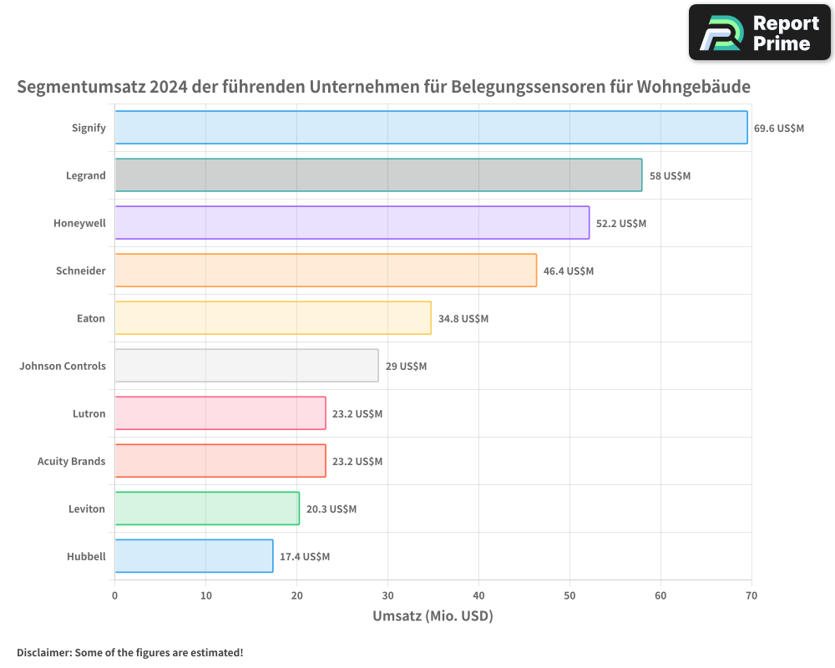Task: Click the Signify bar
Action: click(431, 128)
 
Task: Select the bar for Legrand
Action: click(378, 175)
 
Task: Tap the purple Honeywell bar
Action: click(352, 223)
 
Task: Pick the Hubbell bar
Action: click(194, 556)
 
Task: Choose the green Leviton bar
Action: click(207, 509)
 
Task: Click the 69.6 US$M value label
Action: click(778, 129)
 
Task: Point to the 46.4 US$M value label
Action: click(568, 271)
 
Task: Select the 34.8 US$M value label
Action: click(463, 319)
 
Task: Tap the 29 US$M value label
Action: click(406, 367)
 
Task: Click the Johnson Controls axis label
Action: click(63, 366)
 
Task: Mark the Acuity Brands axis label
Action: click(71, 461)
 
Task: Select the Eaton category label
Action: click(90, 318)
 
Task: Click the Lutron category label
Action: click(89, 413)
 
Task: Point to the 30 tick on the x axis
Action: click(387, 596)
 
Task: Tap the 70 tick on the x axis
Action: click(751, 596)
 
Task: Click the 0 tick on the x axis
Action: click(115, 596)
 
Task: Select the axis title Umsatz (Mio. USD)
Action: click(433, 617)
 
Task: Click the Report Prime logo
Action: click(759, 33)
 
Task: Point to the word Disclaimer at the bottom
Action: click(43, 652)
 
